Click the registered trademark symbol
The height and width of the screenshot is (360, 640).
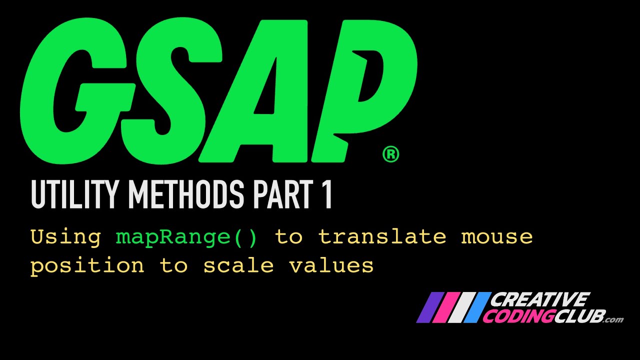tap(390, 154)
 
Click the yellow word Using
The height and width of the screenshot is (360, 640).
tap(65, 236)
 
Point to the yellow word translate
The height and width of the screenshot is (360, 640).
tap(382, 236)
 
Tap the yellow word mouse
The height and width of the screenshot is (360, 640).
tap(497, 236)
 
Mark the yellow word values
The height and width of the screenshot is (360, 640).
tap(331, 265)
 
